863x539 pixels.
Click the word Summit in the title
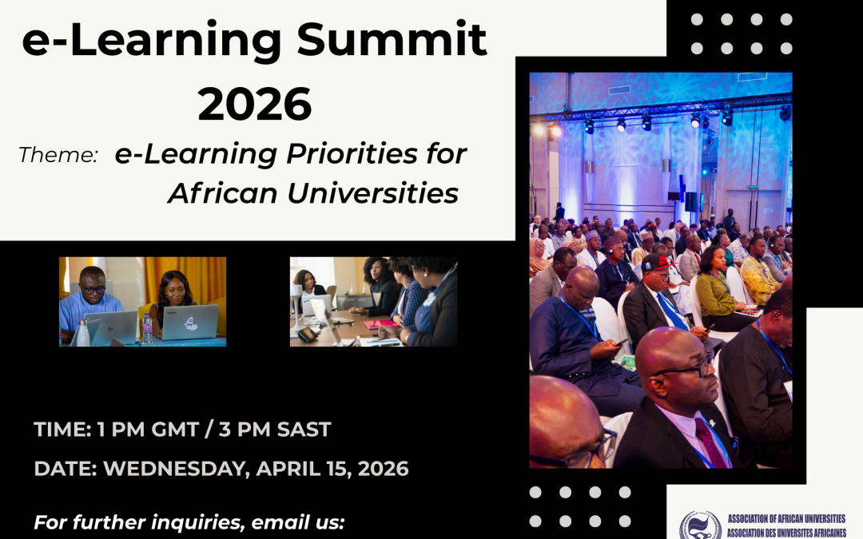tap(404, 40)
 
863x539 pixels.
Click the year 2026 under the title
tap(255, 104)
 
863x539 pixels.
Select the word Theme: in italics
tap(58, 155)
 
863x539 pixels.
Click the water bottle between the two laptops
tap(146, 327)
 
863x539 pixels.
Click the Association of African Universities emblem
tap(700, 525)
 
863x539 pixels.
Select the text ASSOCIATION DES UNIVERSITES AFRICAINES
tap(786, 532)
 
